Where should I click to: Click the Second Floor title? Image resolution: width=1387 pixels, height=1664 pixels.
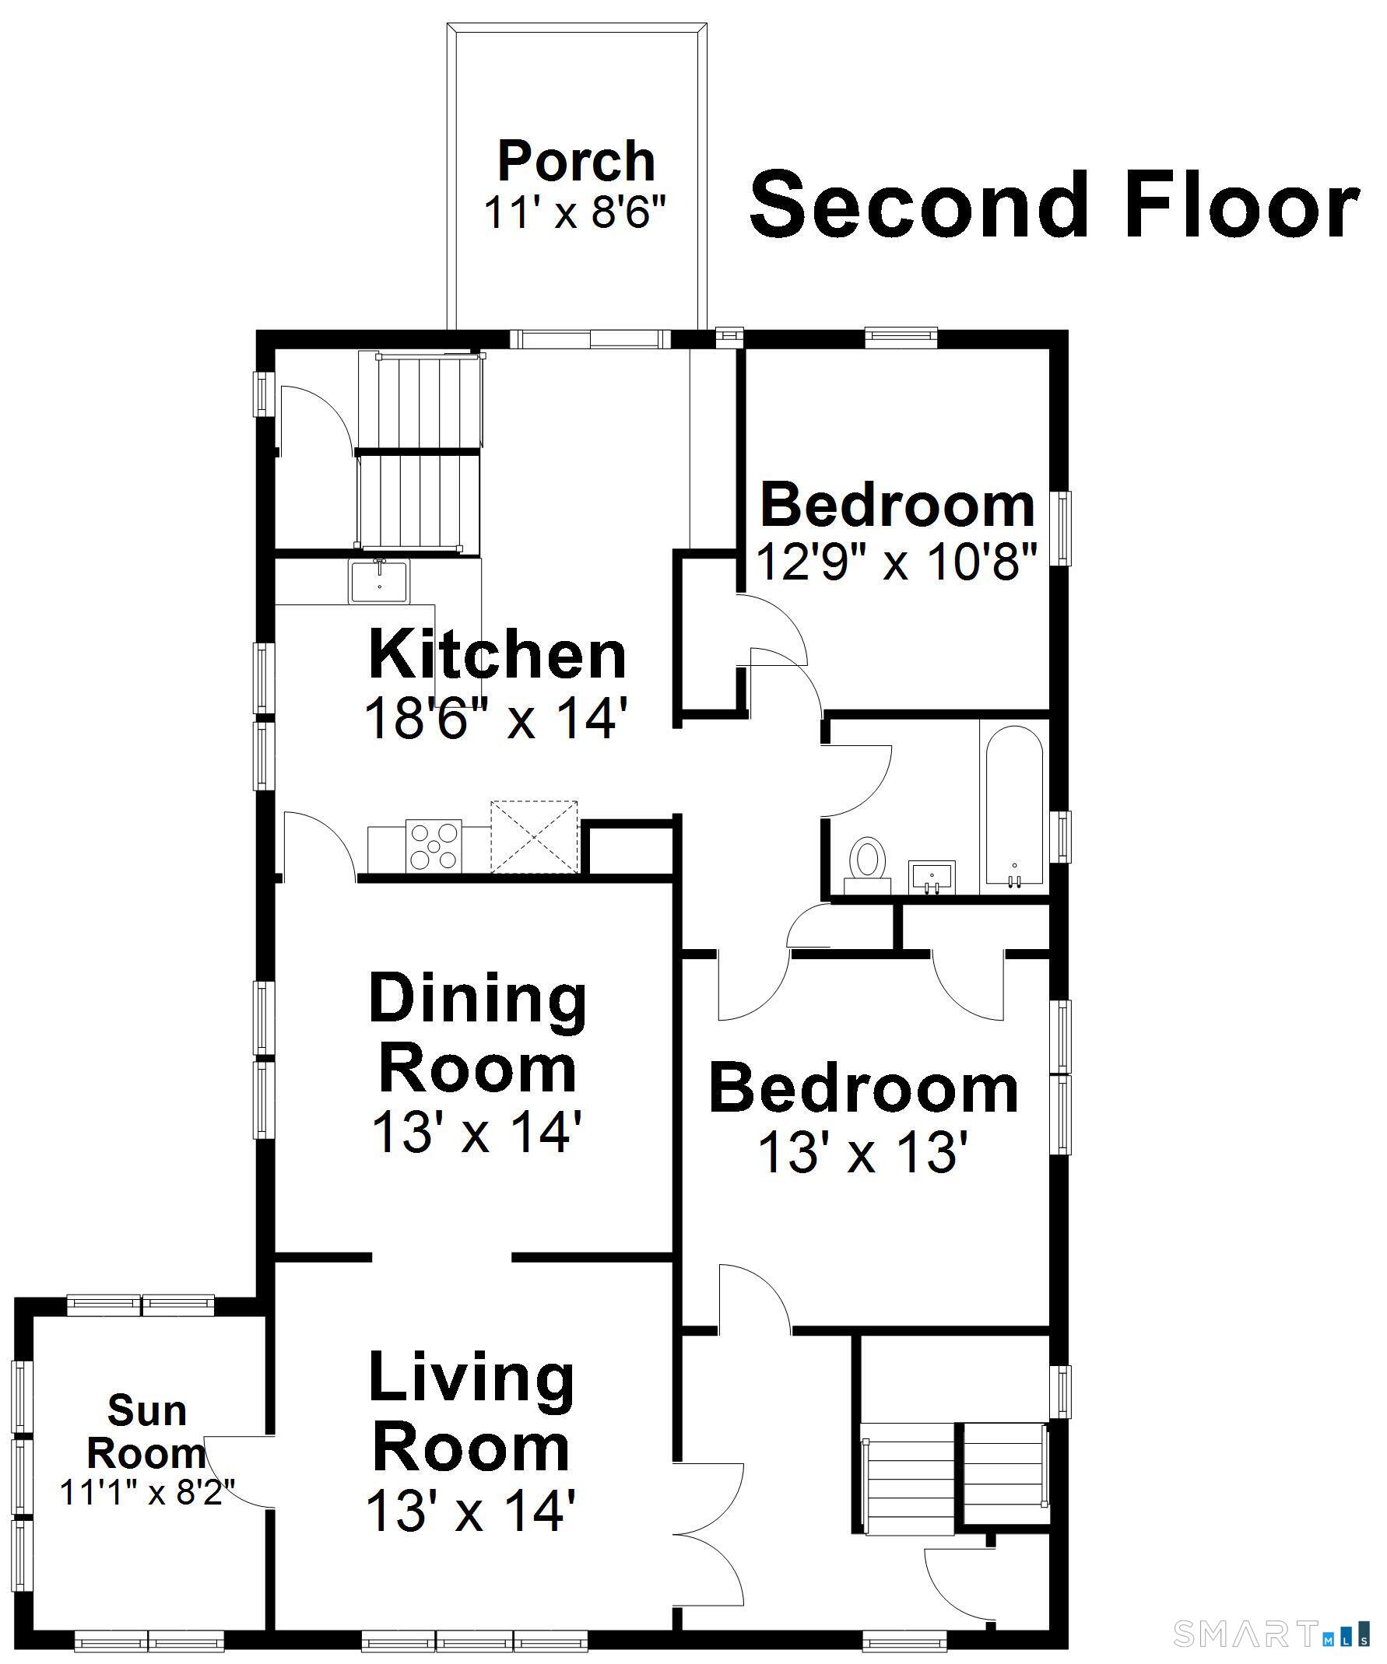pos(1055,205)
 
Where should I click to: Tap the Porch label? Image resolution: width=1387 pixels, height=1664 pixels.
pos(576,162)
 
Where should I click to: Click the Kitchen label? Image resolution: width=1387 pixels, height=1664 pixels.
pos(497,654)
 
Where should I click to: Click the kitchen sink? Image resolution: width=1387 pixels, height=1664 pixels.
pos(380,581)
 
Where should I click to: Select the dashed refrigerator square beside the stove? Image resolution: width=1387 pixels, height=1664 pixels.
pos(534,837)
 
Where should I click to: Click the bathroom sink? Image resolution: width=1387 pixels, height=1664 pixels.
pos(932,878)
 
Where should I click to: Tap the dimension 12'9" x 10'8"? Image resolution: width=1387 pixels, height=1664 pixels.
pos(897,562)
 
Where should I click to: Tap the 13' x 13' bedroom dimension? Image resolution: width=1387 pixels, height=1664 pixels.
pos(863,1151)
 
